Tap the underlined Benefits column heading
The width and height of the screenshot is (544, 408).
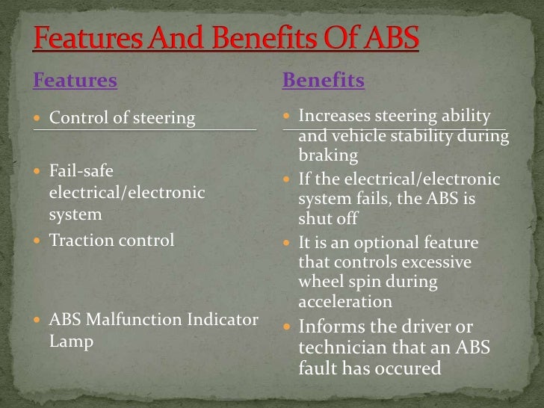pyautogui.click(x=323, y=81)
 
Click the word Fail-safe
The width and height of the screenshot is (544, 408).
pyautogui.click(x=81, y=170)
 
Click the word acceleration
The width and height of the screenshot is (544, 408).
pyautogui.click(x=344, y=301)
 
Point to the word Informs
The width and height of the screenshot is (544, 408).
pyautogui.click(x=332, y=327)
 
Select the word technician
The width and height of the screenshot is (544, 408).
pyautogui.click(x=344, y=347)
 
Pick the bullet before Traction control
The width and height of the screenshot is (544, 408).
pyautogui.click(x=39, y=241)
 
